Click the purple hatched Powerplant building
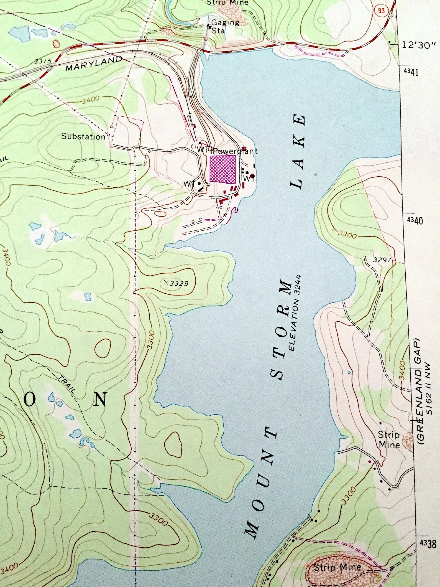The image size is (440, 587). [223, 168]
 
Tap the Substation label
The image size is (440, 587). [83, 136]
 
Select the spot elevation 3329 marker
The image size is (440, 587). [166, 283]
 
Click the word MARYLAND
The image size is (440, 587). [94, 64]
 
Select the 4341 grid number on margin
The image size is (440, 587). [411, 72]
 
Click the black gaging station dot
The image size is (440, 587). [209, 26]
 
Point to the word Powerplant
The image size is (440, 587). [236, 151]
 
